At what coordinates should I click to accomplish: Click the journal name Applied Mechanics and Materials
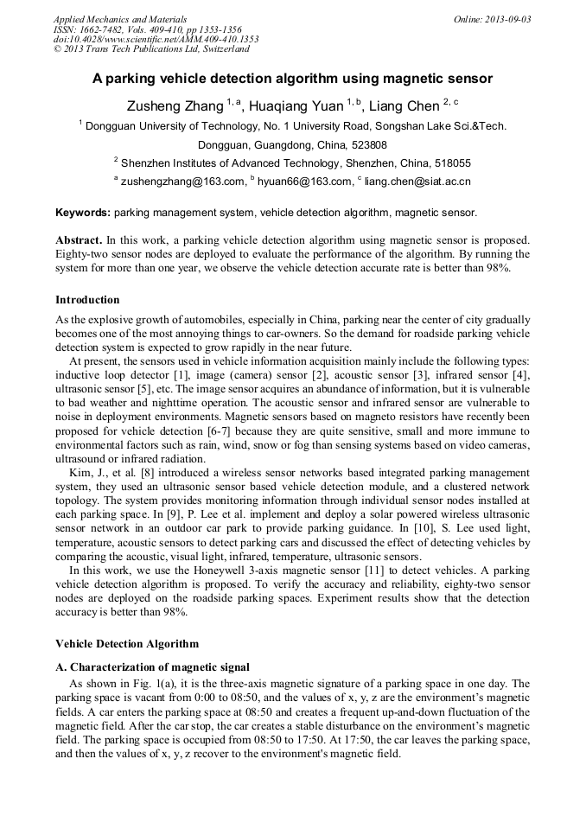tap(119, 19)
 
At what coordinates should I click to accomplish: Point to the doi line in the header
tap(156, 39)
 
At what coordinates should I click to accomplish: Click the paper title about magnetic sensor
tap(292, 79)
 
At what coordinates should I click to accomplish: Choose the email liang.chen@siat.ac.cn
tap(417, 182)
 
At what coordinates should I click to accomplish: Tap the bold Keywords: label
tap(83, 212)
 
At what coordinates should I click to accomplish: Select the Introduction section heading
tap(87, 300)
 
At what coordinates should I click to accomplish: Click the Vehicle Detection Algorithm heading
tap(126, 644)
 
